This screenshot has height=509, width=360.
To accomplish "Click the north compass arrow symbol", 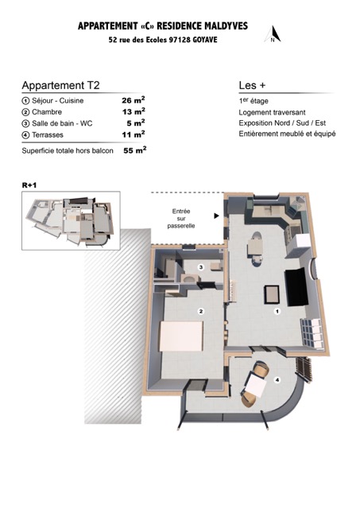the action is pos(273,34).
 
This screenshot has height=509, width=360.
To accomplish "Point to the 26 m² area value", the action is pos(134,100).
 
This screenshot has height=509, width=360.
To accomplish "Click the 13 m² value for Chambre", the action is pos(134,111).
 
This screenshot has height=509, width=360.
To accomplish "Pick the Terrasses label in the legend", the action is pos(48,135).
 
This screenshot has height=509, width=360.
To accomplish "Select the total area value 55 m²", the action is pos(135,150).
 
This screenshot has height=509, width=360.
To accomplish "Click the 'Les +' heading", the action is pos(252,85).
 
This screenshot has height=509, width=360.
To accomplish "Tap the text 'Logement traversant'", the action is pos(272,112).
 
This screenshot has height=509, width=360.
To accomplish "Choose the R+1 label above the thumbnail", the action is pos(29,185).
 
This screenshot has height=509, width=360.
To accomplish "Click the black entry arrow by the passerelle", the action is pos(216,216).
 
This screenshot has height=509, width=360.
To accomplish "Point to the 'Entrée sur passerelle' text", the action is pos(181,219).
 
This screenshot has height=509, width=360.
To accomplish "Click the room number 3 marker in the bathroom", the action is pos(201,267).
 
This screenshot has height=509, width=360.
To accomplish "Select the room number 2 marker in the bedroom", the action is pos(201,311).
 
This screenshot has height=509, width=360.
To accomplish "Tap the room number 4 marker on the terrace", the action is pos(277,380).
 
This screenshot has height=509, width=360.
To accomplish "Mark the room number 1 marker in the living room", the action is pos(277,311).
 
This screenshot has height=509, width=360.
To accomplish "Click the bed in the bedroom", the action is pos(181,336).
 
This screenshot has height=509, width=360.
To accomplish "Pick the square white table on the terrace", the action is pos(256,385).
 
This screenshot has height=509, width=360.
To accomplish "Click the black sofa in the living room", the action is pos(296,287).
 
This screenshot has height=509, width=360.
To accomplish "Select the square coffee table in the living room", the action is pos(272,294).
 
